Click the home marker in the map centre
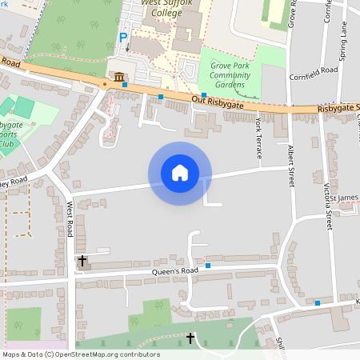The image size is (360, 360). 180,173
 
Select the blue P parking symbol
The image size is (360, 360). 123,38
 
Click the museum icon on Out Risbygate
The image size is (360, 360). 118,77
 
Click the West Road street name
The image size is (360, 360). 70,218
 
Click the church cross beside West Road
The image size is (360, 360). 82,261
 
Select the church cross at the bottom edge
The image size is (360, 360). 190,338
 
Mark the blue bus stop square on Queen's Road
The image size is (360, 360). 208,265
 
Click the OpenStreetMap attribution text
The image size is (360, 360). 81,354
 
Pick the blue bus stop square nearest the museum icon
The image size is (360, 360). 125,84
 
